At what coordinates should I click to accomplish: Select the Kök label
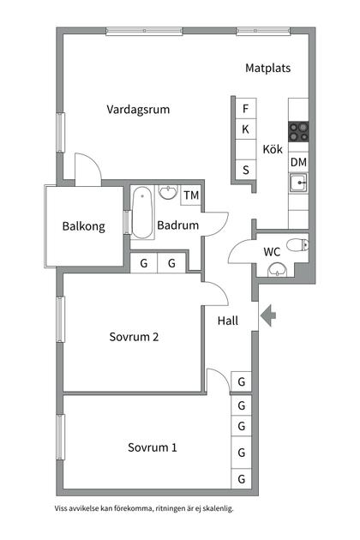pos(273,147)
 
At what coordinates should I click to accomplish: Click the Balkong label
pos(84,227)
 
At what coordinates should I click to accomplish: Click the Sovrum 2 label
pos(134,337)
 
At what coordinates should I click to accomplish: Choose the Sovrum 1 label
pos(153,447)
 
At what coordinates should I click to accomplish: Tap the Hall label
pos(228,321)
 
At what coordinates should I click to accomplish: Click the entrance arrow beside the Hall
pos(268,315)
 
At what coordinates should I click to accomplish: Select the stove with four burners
pos(298,132)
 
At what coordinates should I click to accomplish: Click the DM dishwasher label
pos(298,162)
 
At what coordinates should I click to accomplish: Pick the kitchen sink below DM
pos(298,183)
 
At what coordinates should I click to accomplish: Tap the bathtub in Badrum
pos(141,213)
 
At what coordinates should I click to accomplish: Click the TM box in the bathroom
pos(191,195)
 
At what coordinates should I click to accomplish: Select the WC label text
pos(273,252)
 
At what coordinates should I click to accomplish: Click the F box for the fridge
pos(246,109)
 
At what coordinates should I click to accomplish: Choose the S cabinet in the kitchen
pos(246,170)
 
